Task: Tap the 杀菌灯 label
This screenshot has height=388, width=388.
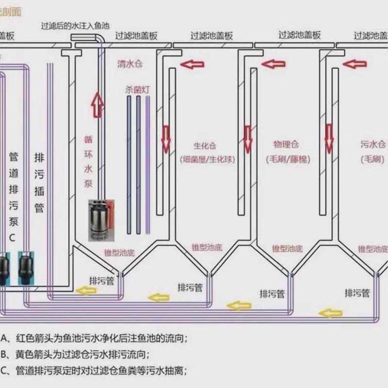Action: coord(136,90)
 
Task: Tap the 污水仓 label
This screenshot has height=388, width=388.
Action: coord(373,144)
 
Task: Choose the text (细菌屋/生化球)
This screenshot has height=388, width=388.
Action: coord(207,159)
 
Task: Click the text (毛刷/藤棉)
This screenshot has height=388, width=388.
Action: coord(288,159)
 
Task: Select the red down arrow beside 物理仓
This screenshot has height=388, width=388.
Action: coord(248,139)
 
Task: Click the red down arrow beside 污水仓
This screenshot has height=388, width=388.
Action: coord(329,138)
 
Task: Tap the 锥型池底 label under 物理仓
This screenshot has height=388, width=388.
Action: coord(288,249)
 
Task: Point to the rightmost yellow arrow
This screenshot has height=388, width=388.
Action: coord(330,313)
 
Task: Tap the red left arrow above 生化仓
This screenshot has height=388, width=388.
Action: coord(192,64)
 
